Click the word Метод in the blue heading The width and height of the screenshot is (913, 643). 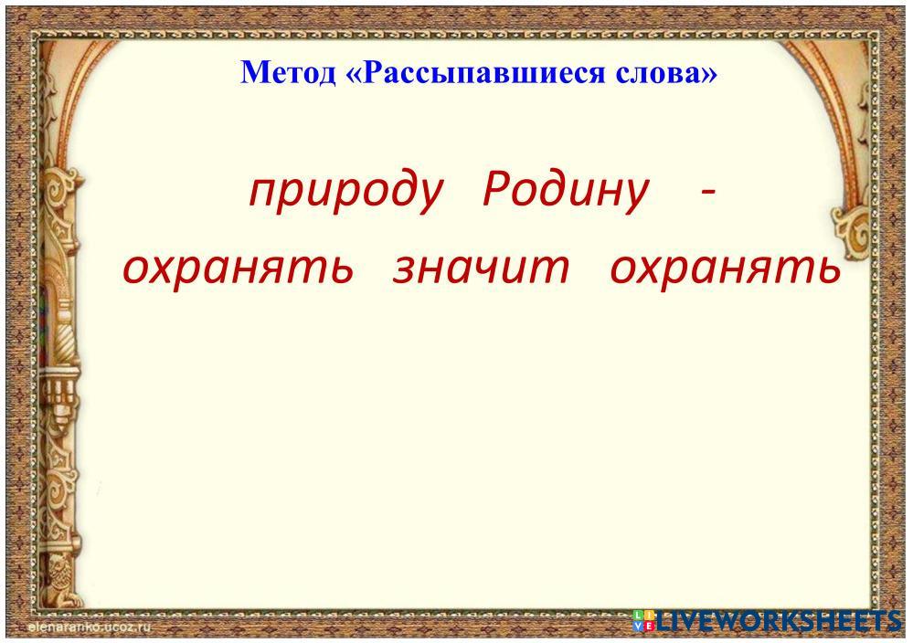click(288, 72)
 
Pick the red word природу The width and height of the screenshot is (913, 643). click(346, 192)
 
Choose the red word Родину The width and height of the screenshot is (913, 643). click(566, 192)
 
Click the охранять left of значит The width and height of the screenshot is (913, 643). click(239, 269)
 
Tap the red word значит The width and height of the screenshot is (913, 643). click(481, 268)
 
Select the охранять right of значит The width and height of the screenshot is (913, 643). click(726, 269)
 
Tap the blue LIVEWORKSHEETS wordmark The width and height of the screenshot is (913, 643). click(779, 621)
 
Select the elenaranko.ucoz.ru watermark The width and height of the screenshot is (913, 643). click(89, 627)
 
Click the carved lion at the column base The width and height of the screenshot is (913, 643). click(60, 576)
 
